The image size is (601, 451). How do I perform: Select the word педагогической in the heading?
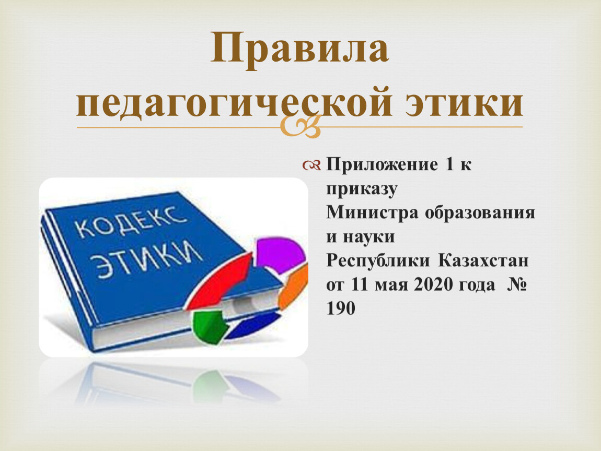click(x=234, y=103)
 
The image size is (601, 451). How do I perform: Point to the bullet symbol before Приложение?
click(x=311, y=165)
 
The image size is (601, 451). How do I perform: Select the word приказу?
click(x=362, y=189)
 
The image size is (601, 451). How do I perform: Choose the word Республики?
click(x=378, y=261)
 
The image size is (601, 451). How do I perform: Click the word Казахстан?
click(x=483, y=260)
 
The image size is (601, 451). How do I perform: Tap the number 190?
click(x=341, y=308)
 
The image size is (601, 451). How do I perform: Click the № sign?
click(x=516, y=284)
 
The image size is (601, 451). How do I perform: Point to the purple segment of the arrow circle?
click(x=282, y=254)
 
